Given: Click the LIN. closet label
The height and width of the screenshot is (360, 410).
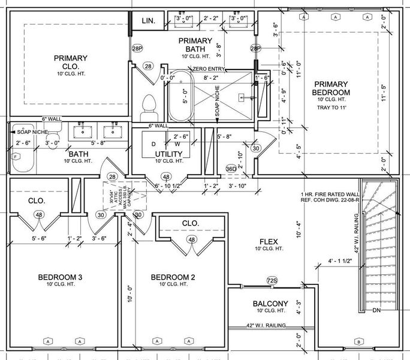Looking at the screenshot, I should [x=148, y=20].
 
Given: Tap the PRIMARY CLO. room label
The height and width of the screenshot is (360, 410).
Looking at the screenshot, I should [x=70, y=62].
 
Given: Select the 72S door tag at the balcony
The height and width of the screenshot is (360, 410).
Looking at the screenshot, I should [x=272, y=281].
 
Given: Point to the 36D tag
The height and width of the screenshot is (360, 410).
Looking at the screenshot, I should [x=230, y=169].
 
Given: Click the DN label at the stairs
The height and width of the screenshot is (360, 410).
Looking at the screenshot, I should [x=377, y=311].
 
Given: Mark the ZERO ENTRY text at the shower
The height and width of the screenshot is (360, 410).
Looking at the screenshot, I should [x=209, y=70].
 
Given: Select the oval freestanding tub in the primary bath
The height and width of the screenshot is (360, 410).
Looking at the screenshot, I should [x=179, y=98].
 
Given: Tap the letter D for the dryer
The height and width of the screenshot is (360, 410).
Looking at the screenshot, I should [x=153, y=144].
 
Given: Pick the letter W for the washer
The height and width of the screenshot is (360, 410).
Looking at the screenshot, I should [x=177, y=144].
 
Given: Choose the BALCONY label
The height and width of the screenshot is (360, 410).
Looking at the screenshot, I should [x=270, y=303].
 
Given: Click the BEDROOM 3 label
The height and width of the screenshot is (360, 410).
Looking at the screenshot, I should [x=60, y=277].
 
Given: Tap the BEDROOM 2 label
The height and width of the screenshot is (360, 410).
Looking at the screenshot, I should [x=173, y=277].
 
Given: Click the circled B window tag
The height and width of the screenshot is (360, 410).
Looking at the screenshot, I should [x=358, y=341].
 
